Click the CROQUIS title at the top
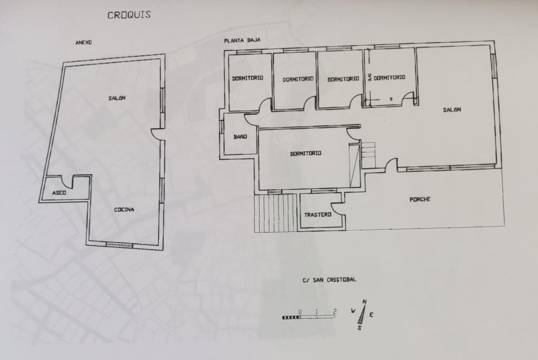tap(129, 15)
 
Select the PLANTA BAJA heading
tap(242, 40)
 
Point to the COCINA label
tap(124, 210)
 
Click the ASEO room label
tap(59, 193)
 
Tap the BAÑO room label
tap(240, 137)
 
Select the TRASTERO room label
tap(318, 214)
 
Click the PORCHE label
tap(420, 199)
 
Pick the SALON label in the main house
tap(452, 110)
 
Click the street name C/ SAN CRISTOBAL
tap(330, 280)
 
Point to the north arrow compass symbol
tap(363, 314)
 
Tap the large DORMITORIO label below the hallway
tap(305, 153)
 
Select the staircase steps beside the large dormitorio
tap(369, 155)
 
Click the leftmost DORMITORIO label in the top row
tap(247, 78)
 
